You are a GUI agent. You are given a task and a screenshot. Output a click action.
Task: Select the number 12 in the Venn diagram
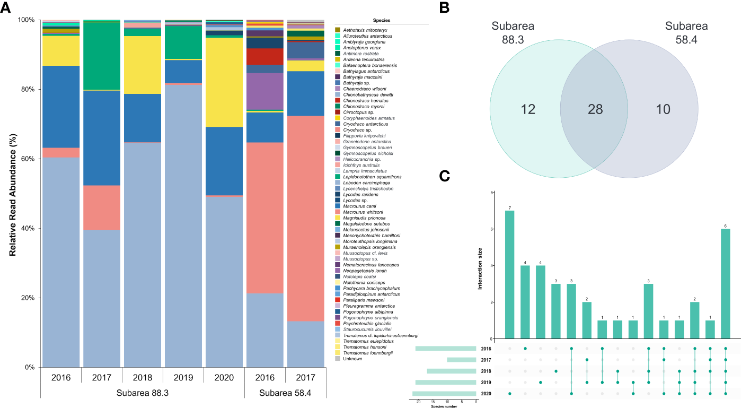tap(528, 110)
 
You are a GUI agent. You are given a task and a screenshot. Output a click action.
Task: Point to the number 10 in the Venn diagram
tap(663, 110)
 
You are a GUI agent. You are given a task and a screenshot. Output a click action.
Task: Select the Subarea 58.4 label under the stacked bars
tap(285, 393)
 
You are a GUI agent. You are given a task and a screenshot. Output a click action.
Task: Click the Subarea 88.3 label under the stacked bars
tap(143, 393)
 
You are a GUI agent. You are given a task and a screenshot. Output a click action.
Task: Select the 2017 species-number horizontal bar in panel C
tap(461, 359)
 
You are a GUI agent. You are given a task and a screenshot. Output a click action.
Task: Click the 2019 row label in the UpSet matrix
tap(486, 382)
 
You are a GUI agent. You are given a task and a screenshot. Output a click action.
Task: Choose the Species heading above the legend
tap(382, 21)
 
